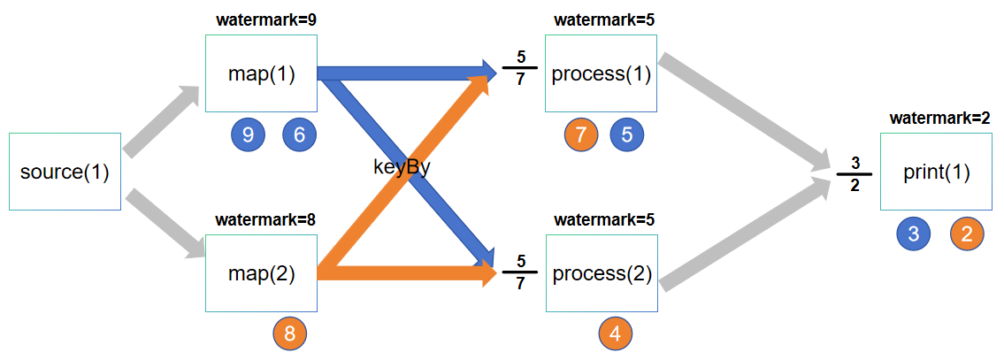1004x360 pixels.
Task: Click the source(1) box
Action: pos(65,172)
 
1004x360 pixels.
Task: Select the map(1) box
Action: pos(261,73)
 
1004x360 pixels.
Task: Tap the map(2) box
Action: pos(261,273)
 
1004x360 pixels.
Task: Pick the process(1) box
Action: pos(601,73)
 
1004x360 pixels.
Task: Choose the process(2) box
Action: pos(602,273)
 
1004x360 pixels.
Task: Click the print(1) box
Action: pos(936,172)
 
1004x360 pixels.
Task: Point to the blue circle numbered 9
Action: pos(248,134)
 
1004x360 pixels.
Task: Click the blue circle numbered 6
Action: pos(299,134)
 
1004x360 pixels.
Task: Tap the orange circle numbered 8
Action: pos(290,333)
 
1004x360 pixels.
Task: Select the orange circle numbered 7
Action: pos(581,134)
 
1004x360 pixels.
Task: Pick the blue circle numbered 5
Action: pos(627,134)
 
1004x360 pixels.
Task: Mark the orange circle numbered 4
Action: pos(616,333)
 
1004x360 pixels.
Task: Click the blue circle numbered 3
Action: pos(914,234)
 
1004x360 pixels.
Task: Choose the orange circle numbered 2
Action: pos(967,234)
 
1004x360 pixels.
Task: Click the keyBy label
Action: pos(401,168)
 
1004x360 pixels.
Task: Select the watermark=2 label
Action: pos(939,118)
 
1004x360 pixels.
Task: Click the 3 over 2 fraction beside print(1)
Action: pos(855,173)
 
